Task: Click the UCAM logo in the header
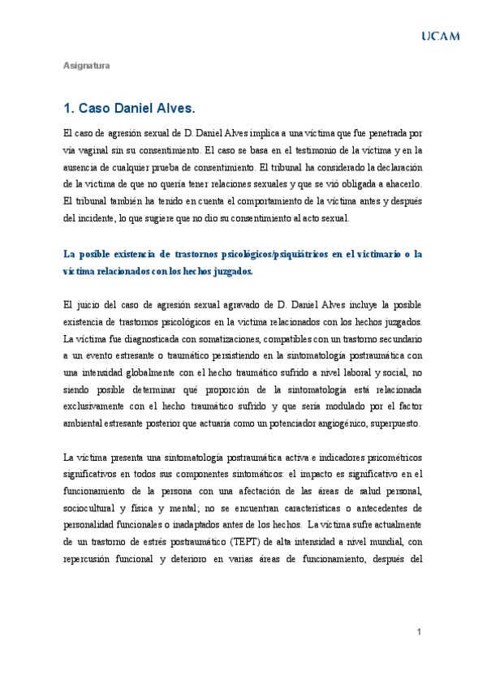pos(439,36)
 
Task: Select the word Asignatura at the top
pos(87,65)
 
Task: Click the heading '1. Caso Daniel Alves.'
pos(129,108)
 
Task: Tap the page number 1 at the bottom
pos(419,632)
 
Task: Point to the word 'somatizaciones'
pos(235,338)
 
